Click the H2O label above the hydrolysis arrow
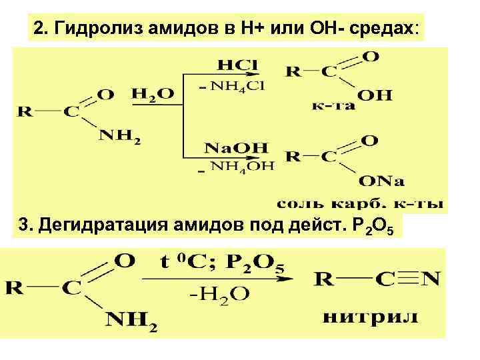click(152, 95)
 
